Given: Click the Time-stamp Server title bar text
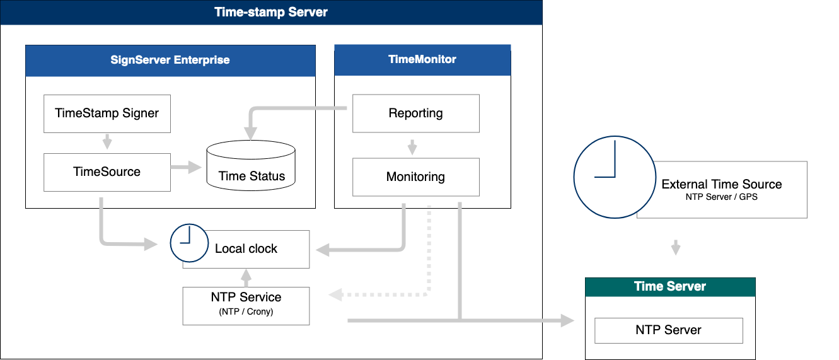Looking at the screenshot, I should click(271, 12).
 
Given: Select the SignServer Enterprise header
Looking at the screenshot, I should click(170, 61).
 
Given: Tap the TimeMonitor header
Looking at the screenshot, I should click(422, 60).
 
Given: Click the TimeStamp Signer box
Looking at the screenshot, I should click(107, 114).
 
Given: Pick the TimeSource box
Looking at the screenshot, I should click(107, 172).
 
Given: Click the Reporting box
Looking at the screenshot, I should click(415, 113).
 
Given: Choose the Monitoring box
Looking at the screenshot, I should click(415, 177).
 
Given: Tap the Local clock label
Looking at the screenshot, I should click(246, 249).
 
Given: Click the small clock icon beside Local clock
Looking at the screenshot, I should click(189, 243).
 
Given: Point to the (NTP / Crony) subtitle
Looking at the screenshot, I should click(246, 312).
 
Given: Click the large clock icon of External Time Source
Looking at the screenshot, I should click(613, 177).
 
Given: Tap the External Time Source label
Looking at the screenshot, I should click(721, 185).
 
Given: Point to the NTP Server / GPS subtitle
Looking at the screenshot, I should click(721, 197).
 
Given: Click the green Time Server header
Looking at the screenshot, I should click(670, 287).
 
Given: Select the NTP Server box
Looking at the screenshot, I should click(669, 330).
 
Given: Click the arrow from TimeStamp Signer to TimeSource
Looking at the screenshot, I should click(107, 142).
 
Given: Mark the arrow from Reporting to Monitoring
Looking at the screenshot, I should click(412, 147).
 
